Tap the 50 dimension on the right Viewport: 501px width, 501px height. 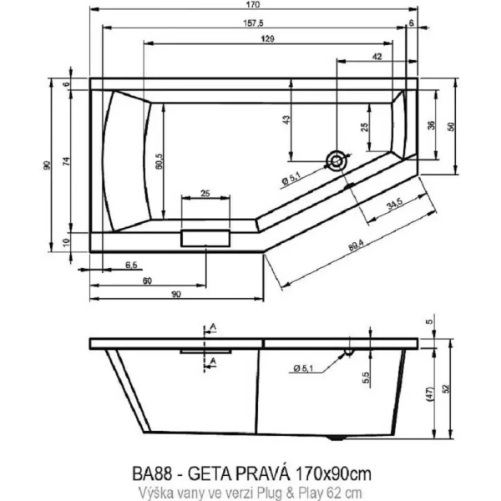451,125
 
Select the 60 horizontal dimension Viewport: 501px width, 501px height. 147,281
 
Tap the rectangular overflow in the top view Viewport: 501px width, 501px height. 205,236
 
